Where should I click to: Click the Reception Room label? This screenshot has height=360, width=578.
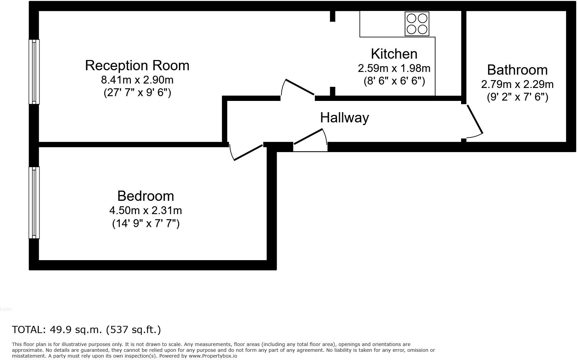point(137,65)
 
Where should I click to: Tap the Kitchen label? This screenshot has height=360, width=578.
point(394,54)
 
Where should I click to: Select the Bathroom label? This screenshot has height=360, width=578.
point(517,70)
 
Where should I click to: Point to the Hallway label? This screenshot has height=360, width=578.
point(344,118)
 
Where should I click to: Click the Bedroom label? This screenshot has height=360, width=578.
point(146,196)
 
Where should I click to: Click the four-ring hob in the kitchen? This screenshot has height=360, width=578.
point(417,24)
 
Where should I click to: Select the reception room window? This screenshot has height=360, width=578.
point(34,72)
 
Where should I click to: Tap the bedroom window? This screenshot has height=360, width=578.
point(34,202)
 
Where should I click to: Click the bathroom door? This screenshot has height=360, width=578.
point(474,119)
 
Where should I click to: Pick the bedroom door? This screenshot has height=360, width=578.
point(248,152)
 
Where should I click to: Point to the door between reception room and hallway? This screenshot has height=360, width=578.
point(299,87)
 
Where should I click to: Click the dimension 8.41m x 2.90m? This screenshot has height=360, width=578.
point(137,80)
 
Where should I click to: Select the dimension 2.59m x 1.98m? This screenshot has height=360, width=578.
point(394,68)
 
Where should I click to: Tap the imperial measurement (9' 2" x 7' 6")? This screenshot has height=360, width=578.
point(517,97)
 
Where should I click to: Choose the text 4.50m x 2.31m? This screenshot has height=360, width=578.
point(146,210)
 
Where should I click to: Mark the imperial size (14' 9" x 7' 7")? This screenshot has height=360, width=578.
point(146,224)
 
